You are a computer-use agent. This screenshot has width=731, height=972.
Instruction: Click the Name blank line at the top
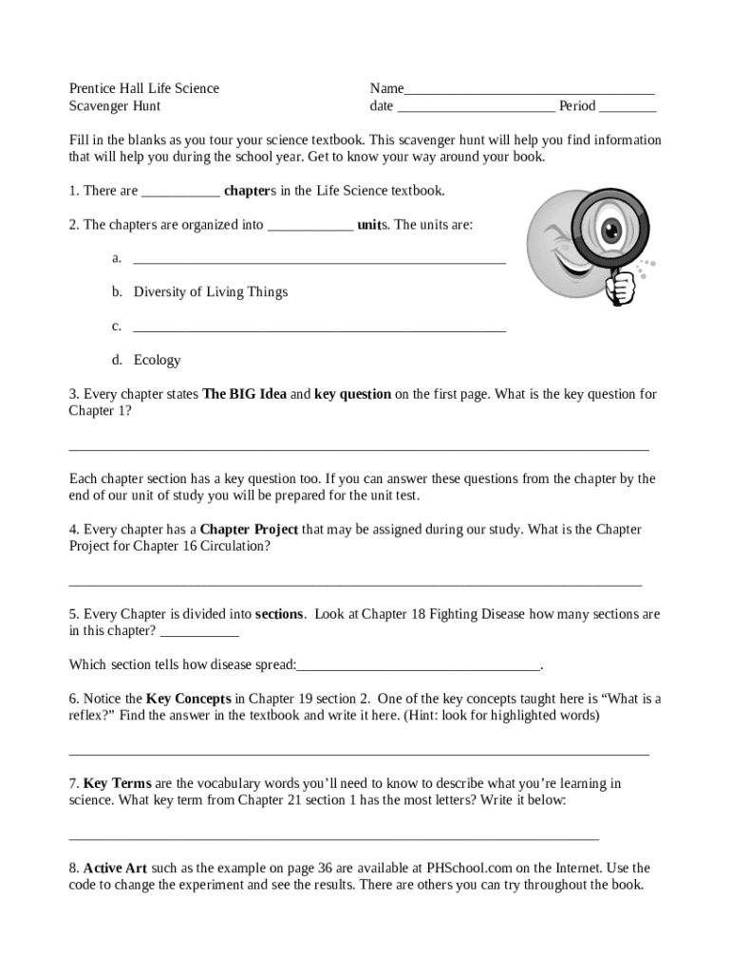point(529,91)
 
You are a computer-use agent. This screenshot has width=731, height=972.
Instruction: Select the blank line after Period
point(628,108)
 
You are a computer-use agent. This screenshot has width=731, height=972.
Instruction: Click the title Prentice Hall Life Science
point(144,88)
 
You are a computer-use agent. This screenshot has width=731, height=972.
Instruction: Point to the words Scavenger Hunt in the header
point(115,106)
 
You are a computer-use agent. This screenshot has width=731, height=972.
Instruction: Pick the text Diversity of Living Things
point(211,292)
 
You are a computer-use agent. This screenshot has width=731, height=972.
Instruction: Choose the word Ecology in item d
point(157,361)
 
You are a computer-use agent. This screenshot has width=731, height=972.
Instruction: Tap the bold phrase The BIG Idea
point(245,394)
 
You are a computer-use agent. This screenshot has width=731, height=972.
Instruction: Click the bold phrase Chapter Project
point(249,530)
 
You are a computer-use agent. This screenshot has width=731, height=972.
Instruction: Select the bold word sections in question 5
point(279,614)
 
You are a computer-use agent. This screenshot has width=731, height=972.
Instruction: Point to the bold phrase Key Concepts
point(189,700)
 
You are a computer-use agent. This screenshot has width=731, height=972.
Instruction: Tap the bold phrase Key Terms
point(118,784)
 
